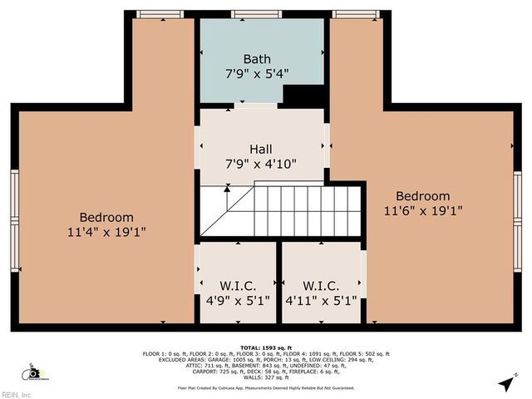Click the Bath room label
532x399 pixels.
pos(256,59)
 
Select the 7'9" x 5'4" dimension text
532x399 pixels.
pos(256,73)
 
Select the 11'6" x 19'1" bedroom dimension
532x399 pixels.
pos(423,211)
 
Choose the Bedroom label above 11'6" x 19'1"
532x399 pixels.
pos(423,196)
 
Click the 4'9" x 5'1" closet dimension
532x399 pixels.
pos(238,301)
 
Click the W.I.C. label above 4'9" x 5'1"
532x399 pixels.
pos(238,286)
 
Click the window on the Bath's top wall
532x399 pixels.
pos(256,14)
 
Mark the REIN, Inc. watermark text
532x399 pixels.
pos(17,394)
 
